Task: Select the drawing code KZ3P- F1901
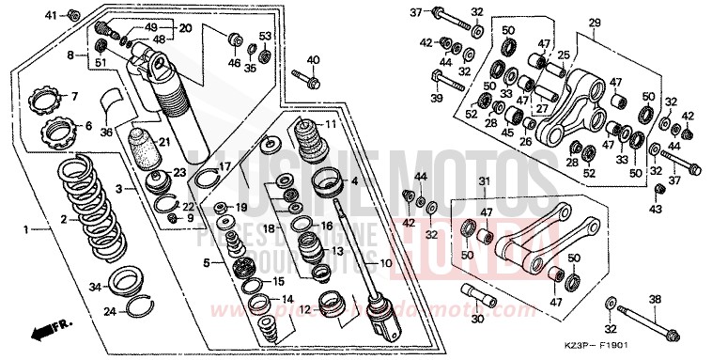coord(658,350)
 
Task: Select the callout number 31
coord(484,182)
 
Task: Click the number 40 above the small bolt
coord(313,59)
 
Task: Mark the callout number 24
coord(109,311)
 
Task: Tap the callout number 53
coord(265,36)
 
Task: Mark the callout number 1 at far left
coord(26,228)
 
